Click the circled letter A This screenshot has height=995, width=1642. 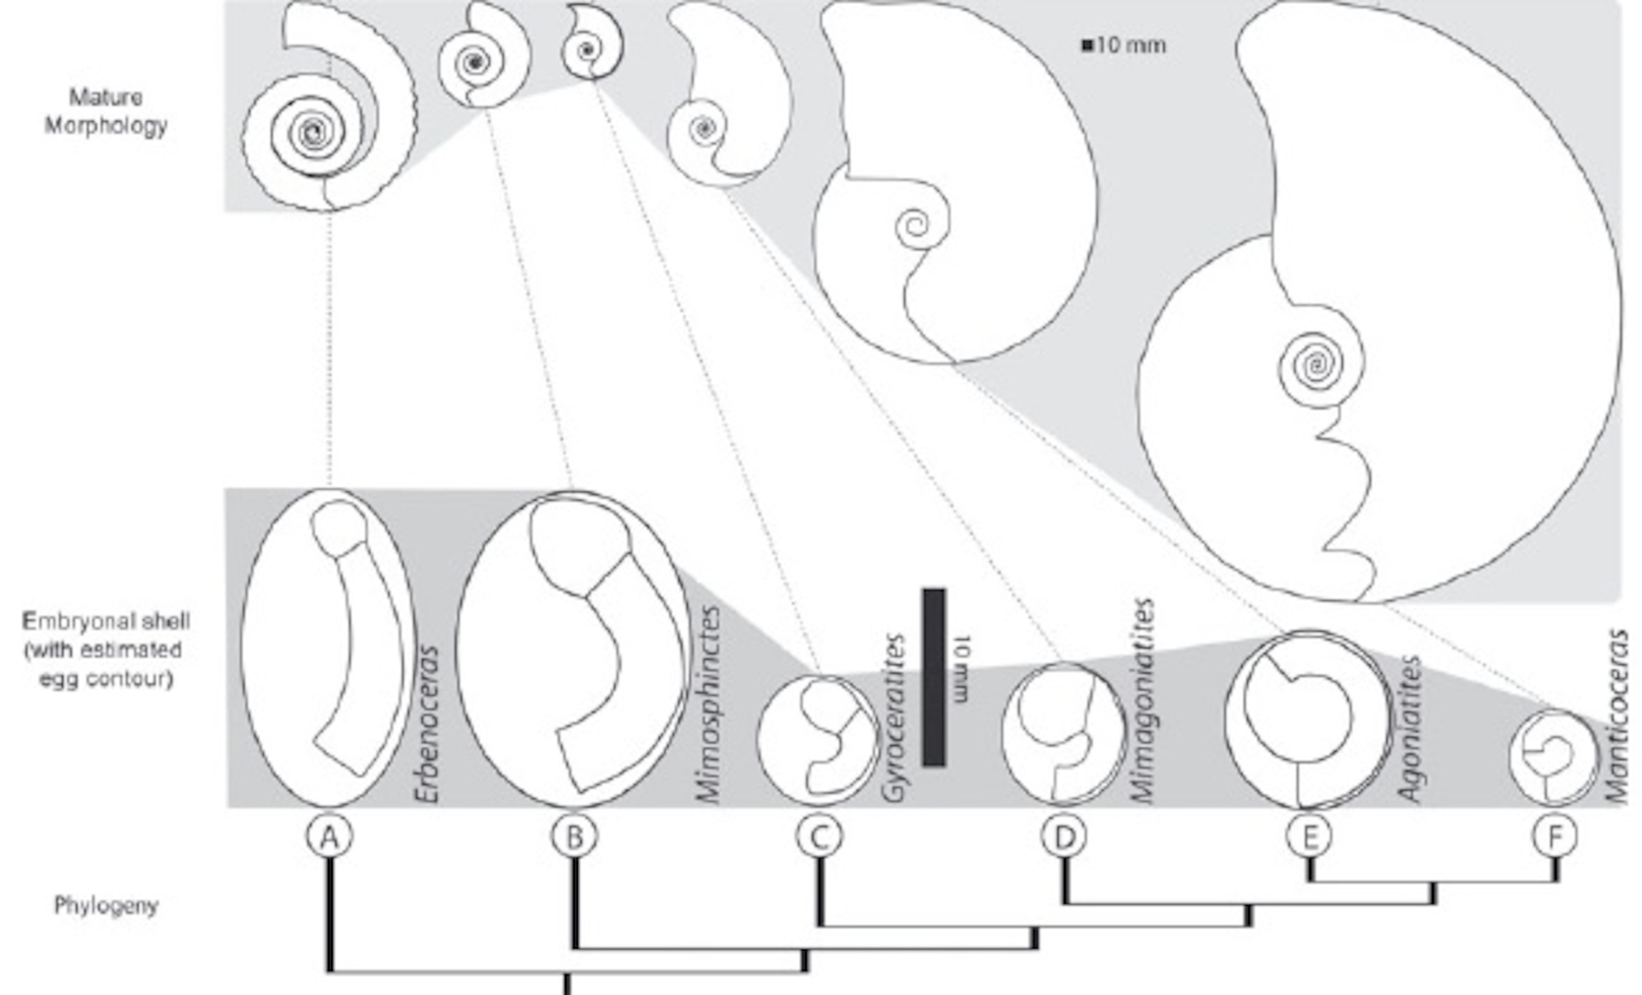[330, 836]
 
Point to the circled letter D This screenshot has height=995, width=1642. [1064, 836]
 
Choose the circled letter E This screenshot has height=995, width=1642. [1310, 836]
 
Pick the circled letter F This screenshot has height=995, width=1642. [1555, 836]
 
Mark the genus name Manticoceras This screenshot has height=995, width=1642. [1617, 717]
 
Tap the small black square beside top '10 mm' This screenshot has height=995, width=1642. [1087, 46]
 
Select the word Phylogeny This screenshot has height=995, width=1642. [106, 906]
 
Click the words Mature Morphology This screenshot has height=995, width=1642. [106, 111]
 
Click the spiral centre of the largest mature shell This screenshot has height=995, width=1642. [1316, 364]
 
